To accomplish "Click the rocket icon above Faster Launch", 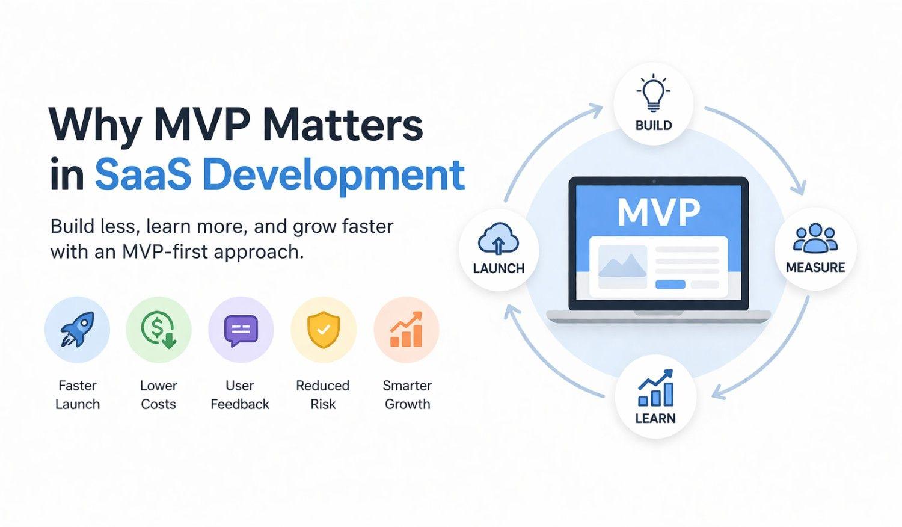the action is click(x=78, y=329).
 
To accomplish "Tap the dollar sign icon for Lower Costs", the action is click(x=159, y=330).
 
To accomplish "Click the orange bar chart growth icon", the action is click(x=406, y=329).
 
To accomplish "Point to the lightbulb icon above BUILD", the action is click(x=653, y=93).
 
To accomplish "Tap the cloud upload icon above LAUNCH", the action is click(x=498, y=239).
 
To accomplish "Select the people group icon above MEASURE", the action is click(x=815, y=238).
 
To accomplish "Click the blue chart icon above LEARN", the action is click(x=655, y=387).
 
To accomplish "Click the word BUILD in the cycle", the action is click(x=654, y=125).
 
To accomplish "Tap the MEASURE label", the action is click(x=815, y=268).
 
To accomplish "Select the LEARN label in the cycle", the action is click(x=655, y=418).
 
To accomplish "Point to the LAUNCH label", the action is click(x=499, y=268).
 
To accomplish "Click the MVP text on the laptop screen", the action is click(x=659, y=212).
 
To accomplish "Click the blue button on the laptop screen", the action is click(x=670, y=285).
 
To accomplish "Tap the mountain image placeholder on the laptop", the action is click(x=622, y=267).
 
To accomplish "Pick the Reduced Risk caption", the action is click(x=323, y=395).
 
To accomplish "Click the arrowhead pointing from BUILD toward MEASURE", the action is click(x=800, y=188).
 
